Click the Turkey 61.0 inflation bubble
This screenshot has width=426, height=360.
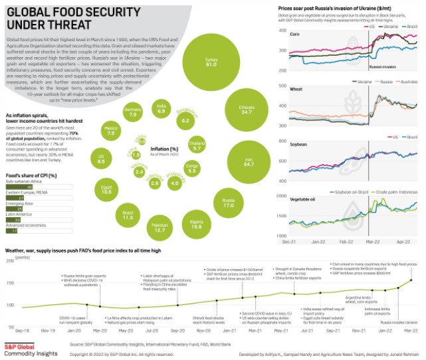(x=211, y=62)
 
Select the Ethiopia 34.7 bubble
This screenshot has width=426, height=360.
(x=246, y=110)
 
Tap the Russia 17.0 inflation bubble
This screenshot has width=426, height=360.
(x=229, y=203)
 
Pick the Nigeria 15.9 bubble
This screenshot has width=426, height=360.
(x=196, y=223)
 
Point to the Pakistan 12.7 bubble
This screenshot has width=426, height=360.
(x=159, y=228)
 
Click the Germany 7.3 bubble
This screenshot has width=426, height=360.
(x=133, y=112)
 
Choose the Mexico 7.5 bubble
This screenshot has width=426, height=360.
(x=111, y=130)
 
